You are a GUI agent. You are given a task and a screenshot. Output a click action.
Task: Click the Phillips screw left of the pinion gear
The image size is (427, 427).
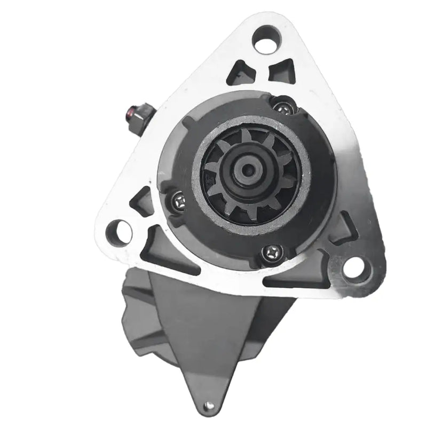coord(178,201)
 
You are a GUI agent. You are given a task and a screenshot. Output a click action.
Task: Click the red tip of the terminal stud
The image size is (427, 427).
coord(130,113)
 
